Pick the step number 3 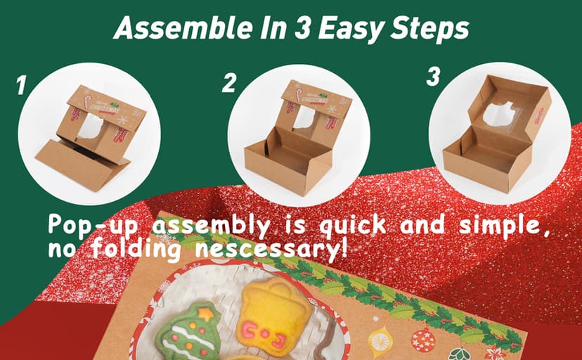click(434, 77)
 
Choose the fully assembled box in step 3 click(496, 137)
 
